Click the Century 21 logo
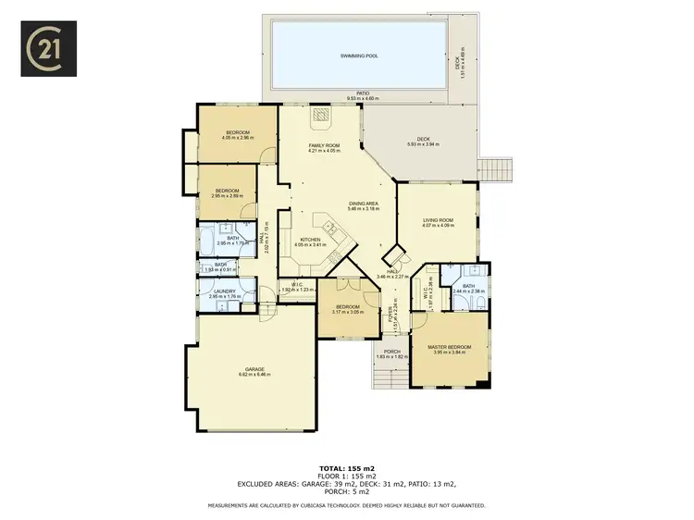(x=49, y=50)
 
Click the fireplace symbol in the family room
(x=320, y=116)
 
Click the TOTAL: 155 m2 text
(x=347, y=468)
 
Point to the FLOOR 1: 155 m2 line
(x=347, y=476)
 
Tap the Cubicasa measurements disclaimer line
(x=347, y=504)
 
